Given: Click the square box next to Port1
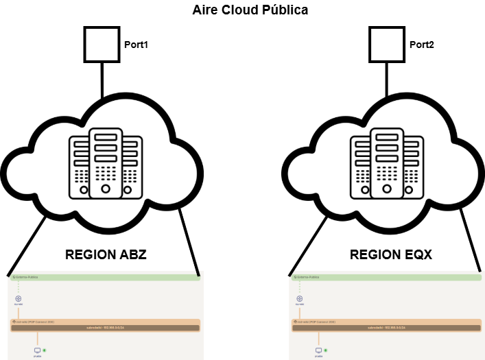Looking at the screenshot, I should (102, 44).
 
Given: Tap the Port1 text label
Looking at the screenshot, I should (136, 45).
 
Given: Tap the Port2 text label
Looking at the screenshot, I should (422, 45).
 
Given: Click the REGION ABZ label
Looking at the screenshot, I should (106, 255).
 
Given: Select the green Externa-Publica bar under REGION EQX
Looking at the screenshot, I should (386, 278).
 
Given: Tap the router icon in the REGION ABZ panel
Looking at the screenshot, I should (19, 299).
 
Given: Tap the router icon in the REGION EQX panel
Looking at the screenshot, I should (299, 299).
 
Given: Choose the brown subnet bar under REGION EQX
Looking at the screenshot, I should (386, 328).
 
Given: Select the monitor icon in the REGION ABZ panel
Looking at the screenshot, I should (37, 350).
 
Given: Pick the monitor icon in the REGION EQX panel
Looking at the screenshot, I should (318, 350).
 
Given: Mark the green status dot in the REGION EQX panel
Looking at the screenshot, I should (325, 350).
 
